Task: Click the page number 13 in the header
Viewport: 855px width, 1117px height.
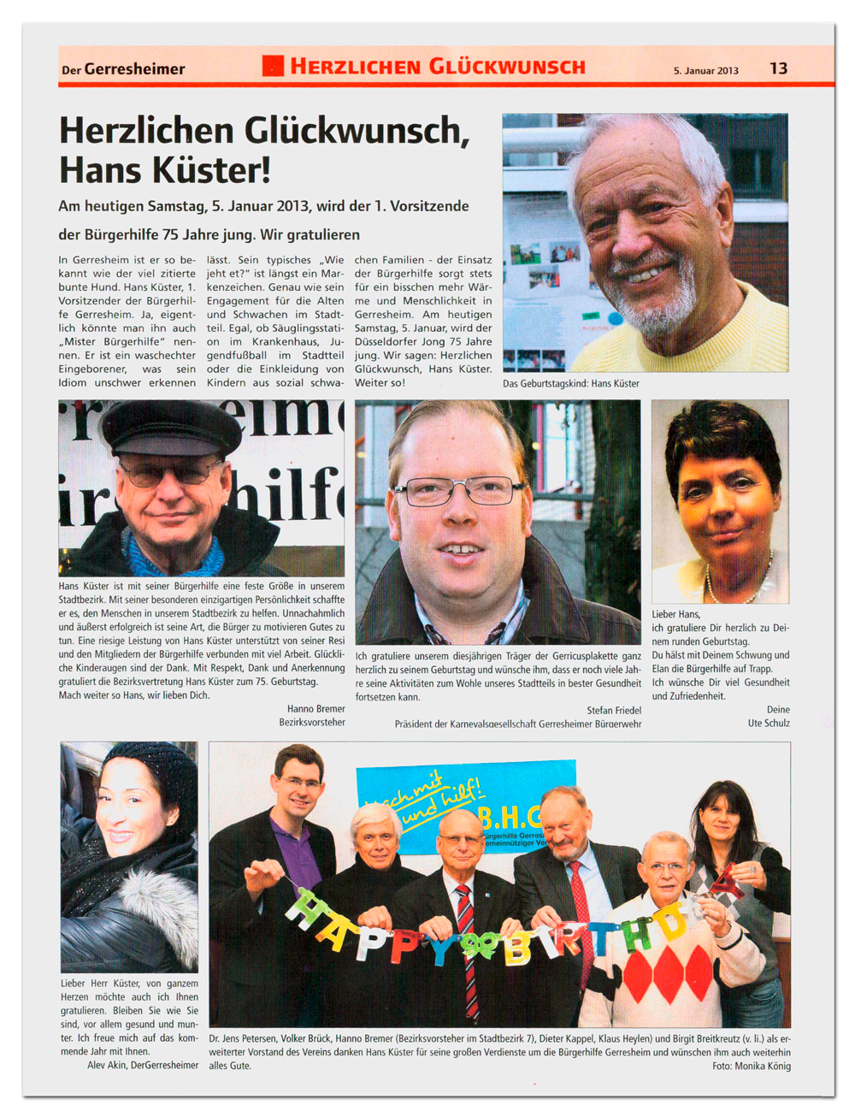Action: (x=778, y=68)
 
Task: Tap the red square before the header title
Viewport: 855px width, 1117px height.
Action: (x=273, y=66)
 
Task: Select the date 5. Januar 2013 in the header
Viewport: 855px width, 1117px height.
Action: (x=705, y=70)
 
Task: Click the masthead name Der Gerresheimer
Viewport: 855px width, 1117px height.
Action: (x=122, y=69)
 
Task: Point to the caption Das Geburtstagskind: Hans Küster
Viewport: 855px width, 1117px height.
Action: (x=570, y=383)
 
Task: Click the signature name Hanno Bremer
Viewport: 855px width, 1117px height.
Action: (x=315, y=708)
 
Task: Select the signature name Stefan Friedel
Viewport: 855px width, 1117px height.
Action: (x=613, y=710)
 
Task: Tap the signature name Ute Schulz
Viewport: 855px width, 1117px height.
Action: (x=768, y=723)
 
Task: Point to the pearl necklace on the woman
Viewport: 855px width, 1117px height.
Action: (x=736, y=584)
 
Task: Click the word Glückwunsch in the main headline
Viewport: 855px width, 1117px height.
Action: (x=356, y=131)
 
